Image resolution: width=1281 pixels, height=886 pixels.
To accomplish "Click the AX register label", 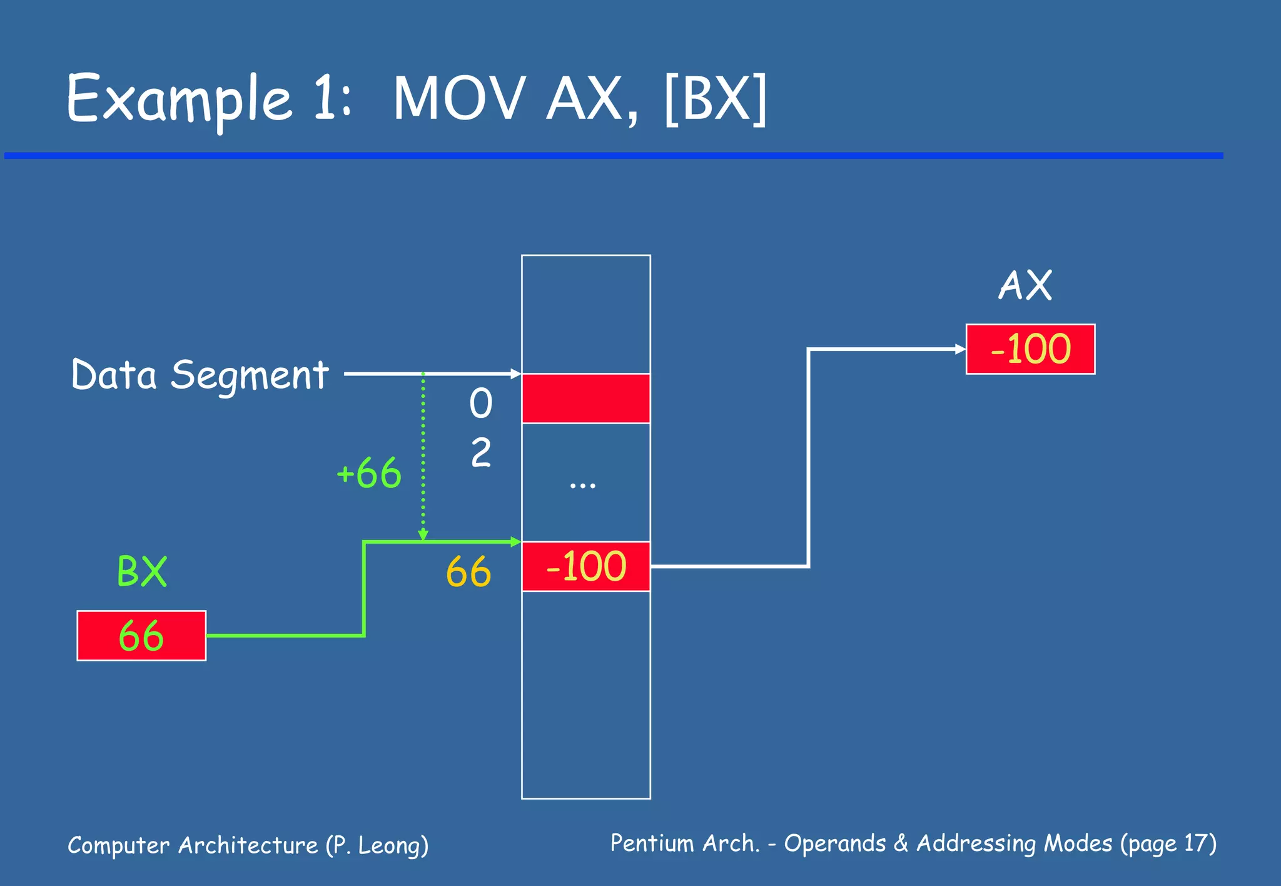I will (x=1025, y=286).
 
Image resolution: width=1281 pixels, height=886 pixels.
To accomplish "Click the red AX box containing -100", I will (x=1030, y=349).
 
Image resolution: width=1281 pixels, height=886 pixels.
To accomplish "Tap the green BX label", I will (x=142, y=571).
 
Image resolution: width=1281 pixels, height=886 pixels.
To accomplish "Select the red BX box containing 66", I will (x=141, y=636).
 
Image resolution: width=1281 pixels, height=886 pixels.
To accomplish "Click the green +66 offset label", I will (x=369, y=473).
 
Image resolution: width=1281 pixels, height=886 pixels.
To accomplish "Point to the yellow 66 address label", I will (x=468, y=572).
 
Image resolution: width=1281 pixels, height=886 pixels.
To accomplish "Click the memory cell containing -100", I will (x=585, y=566).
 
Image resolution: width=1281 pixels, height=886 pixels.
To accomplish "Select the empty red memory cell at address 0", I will (x=585, y=399).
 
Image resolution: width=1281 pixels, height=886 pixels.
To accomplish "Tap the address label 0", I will (x=480, y=403).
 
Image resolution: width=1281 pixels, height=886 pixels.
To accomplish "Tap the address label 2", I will (x=480, y=453).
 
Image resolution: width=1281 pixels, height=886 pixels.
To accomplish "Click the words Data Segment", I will (x=200, y=375).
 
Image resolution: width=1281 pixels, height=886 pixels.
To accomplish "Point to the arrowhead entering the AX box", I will (x=961, y=349).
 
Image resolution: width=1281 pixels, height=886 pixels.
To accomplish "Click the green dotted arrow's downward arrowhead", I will (x=423, y=536).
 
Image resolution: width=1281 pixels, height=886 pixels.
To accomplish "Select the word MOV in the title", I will (x=458, y=99).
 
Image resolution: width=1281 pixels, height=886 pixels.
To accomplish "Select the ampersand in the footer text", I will (x=901, y=843).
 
